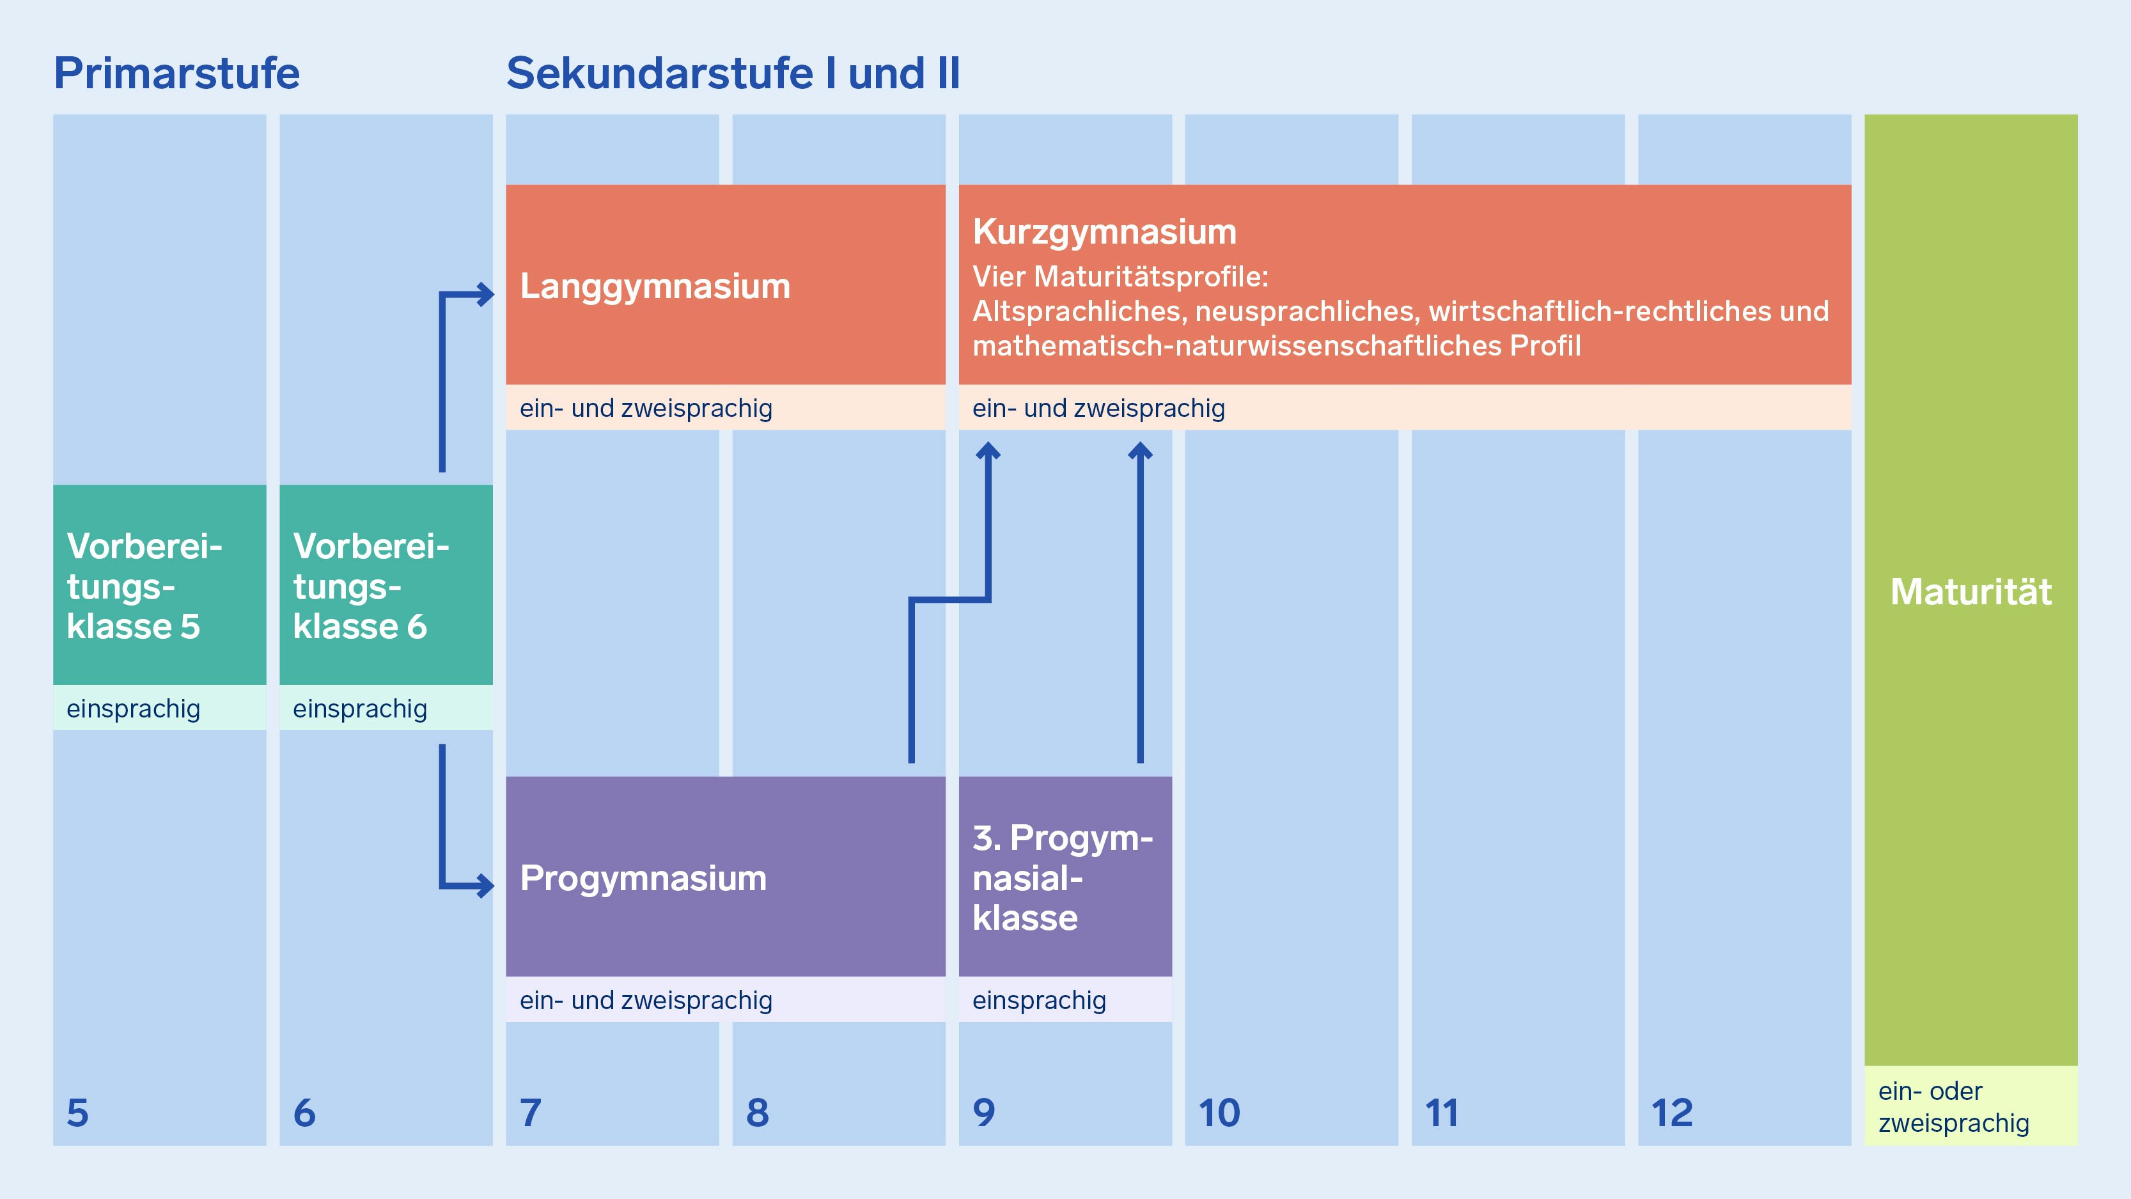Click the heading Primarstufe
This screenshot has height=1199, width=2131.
coord(176,73)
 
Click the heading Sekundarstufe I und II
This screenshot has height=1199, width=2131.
coord(733,73)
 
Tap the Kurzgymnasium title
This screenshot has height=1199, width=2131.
coord(1104,231)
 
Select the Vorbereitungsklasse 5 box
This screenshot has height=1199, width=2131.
coord(160,585)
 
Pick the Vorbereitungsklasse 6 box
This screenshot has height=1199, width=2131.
coord(386,585)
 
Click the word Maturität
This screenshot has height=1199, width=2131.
coord(1971,592)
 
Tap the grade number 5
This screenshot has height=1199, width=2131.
coord(78,1113)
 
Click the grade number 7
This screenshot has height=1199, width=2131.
coord(530,1113)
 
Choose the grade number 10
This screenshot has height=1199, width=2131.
coord(1219,1113)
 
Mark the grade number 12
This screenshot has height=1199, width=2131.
coord(1672,1113)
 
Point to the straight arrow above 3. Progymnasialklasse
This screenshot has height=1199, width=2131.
coord(1140,602)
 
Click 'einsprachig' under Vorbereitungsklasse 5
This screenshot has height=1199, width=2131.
coord(133,709)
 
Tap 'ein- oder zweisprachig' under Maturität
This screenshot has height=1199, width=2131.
coord(1954,1107)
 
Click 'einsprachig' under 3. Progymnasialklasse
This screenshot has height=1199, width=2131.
coord(1039,1000)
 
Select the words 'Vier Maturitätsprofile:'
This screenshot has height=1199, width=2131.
coord(1120,276)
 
